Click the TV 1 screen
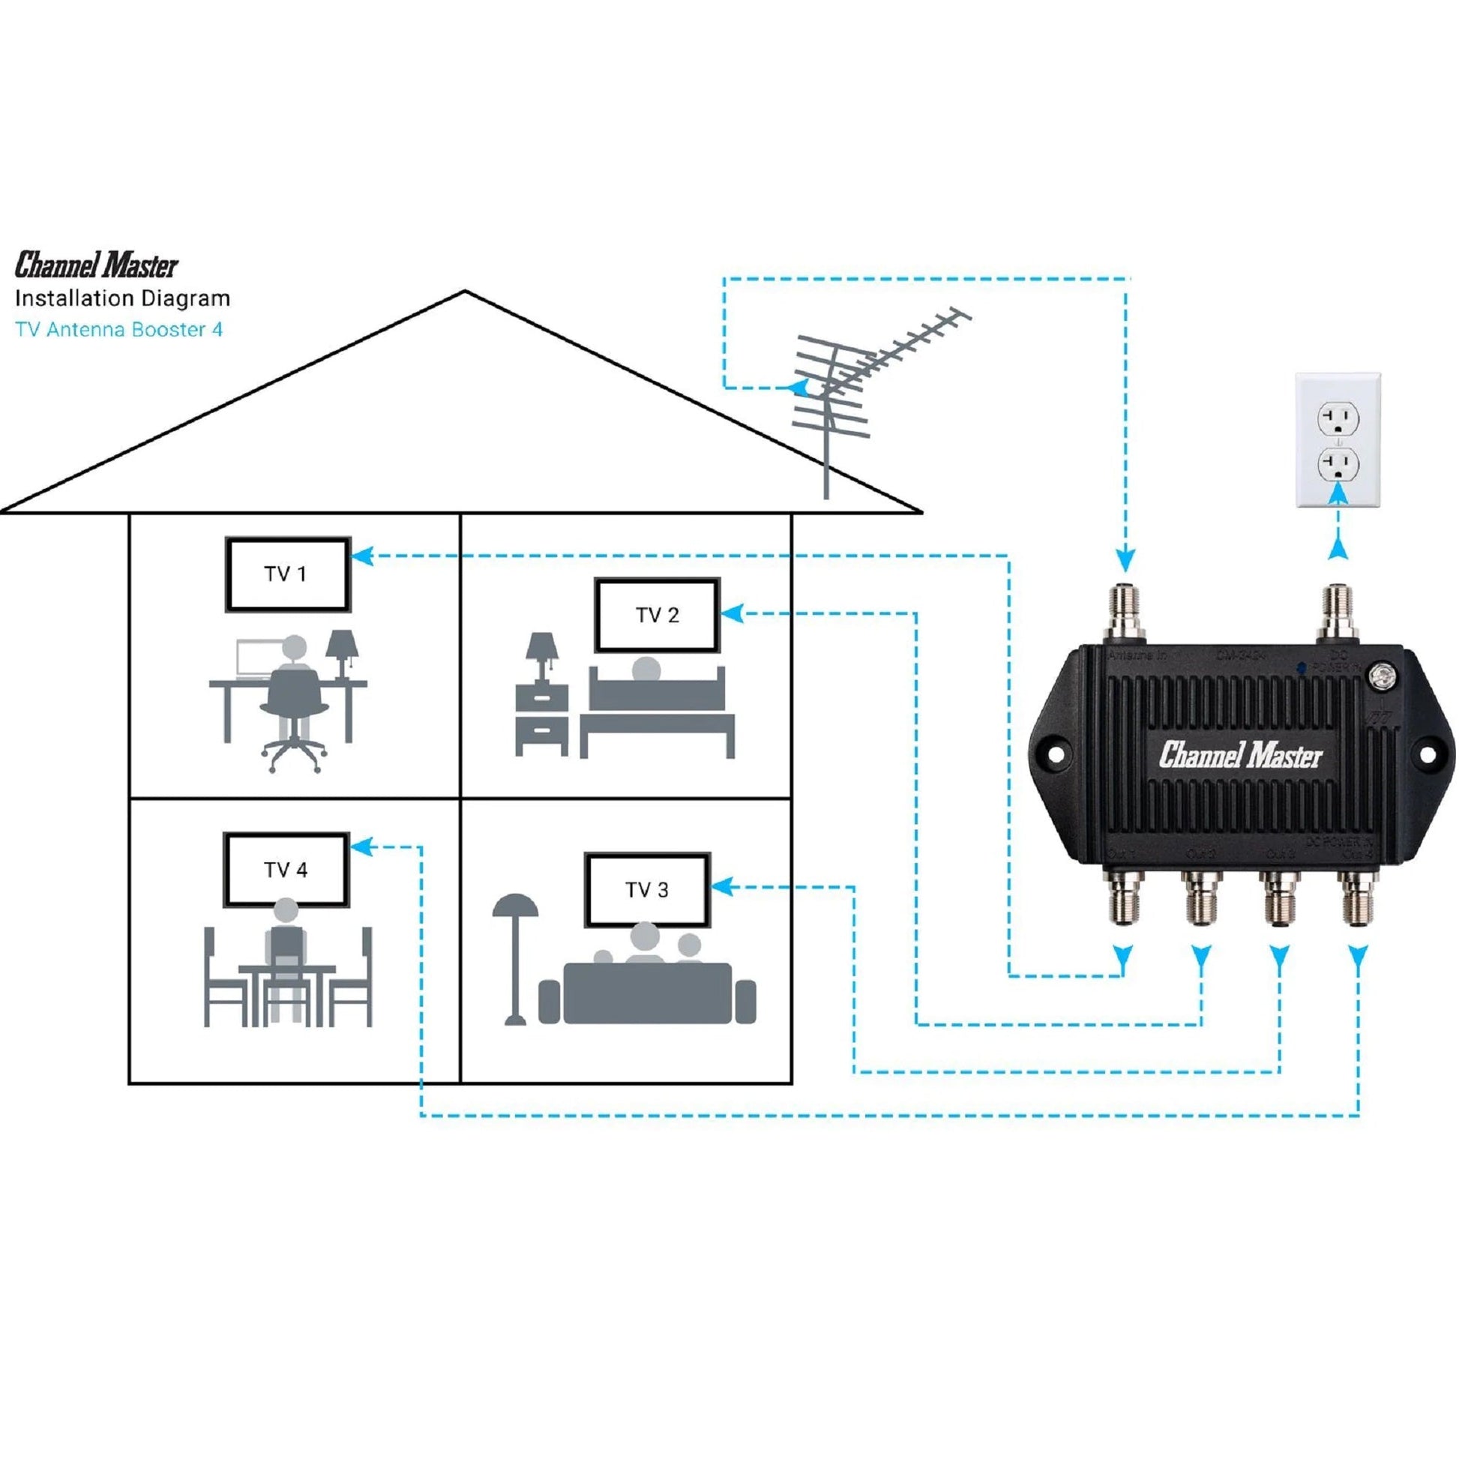coord(287,574)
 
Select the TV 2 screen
coord(656,616)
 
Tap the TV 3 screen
coord(646,891)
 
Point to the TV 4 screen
coord(286,870)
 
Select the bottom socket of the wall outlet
coord(1338,465)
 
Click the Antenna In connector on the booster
coord(1125,613)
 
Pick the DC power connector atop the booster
coord(1338,613)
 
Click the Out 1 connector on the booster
coord(1125,899)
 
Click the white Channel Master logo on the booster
coord(1241,754)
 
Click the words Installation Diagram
coord(122,298)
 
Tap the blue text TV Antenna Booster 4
coord(119,329)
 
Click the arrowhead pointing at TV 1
coord(363,556)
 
